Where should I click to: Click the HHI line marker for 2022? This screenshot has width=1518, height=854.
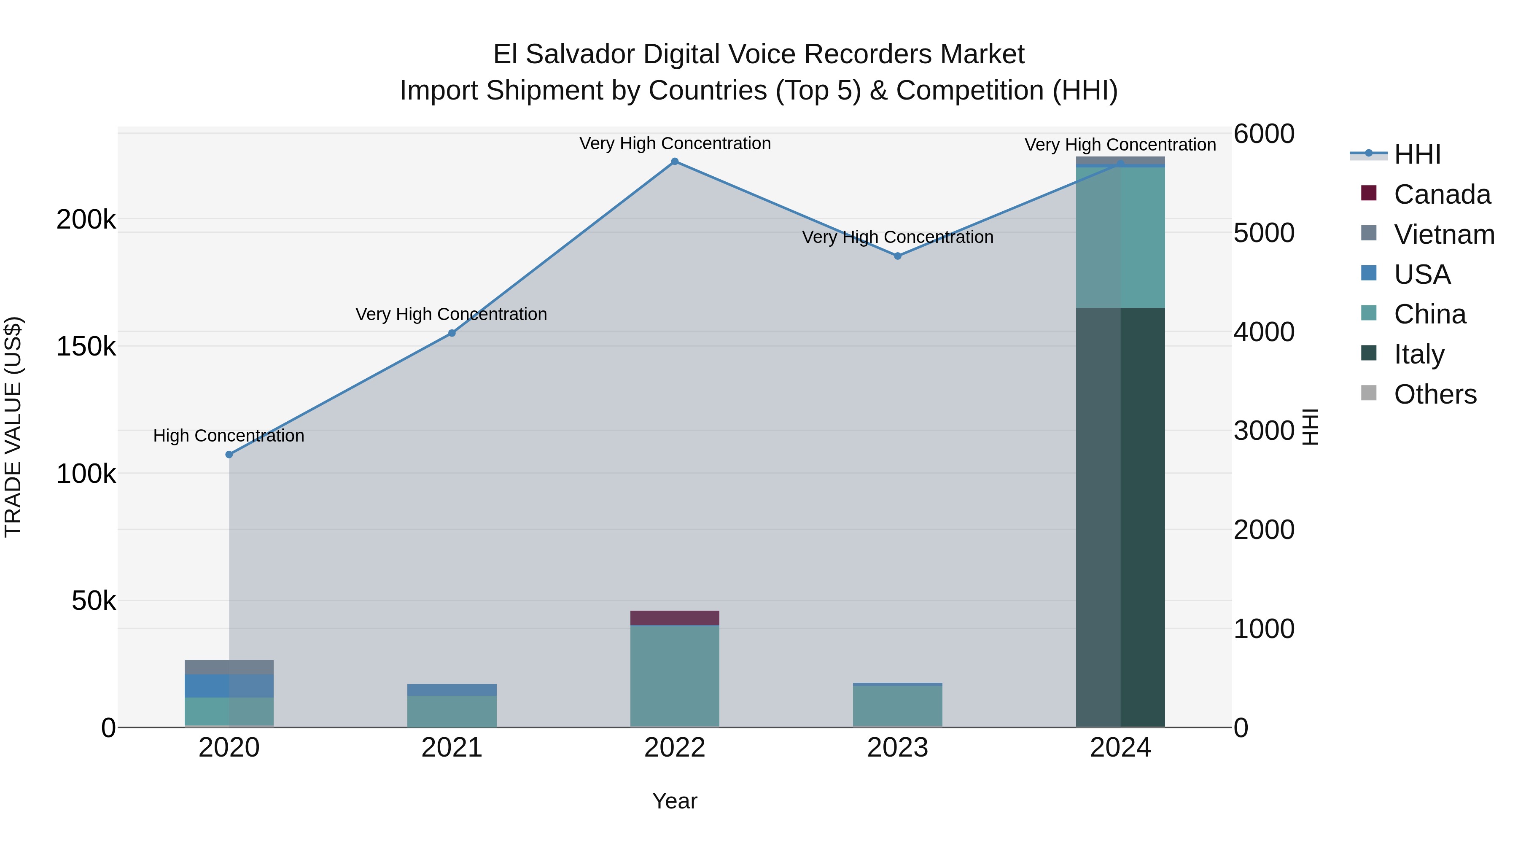(675, 162)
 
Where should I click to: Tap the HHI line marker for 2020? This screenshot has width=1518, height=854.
(229, 454)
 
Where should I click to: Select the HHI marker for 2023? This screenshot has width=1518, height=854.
(897, 256)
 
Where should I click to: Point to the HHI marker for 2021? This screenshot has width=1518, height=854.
(452, 333)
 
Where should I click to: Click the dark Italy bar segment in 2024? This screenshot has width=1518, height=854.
(1120, 519)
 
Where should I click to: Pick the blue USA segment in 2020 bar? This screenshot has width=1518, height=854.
(229, 685)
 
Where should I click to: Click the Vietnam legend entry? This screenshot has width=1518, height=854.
(1444, 234)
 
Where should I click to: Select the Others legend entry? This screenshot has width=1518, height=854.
(1435, 394)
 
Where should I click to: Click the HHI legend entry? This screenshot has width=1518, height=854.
(1417, 154)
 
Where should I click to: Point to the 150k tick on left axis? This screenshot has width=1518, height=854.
(86, 347)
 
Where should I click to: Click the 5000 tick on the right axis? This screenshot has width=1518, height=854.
(1264, 233)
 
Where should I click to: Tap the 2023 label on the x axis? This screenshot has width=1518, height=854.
(897, 748)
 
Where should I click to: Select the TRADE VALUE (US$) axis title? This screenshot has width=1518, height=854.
(13, 427)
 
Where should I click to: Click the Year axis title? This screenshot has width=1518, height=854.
(675, 801)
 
